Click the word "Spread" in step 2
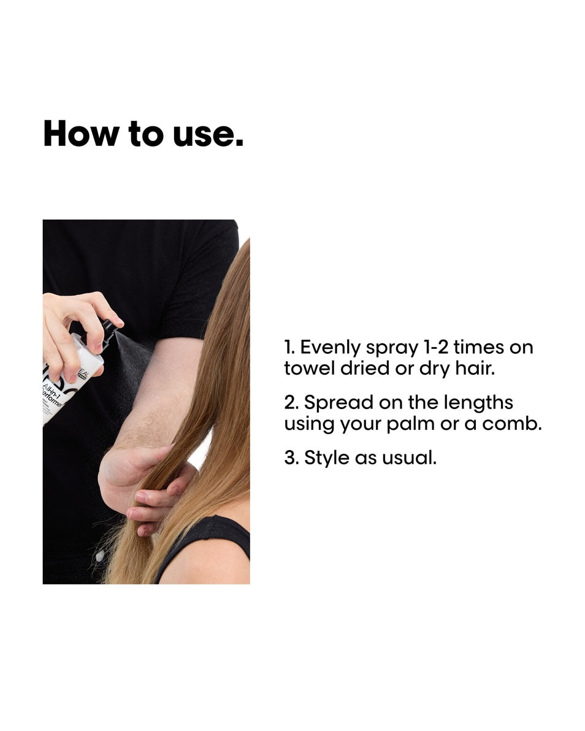(339, 403)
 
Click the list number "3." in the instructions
(291, 457)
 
